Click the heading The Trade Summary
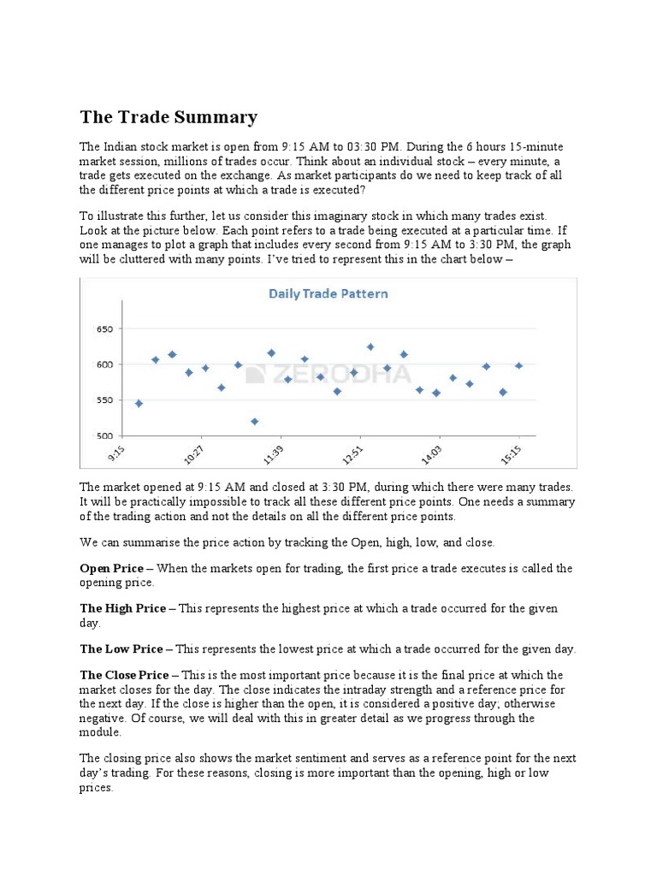169,117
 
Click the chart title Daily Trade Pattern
328,293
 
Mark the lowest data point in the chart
255,421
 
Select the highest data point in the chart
370,346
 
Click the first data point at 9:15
139,403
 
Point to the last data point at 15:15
518,365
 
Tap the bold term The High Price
122,608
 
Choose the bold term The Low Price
121,648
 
